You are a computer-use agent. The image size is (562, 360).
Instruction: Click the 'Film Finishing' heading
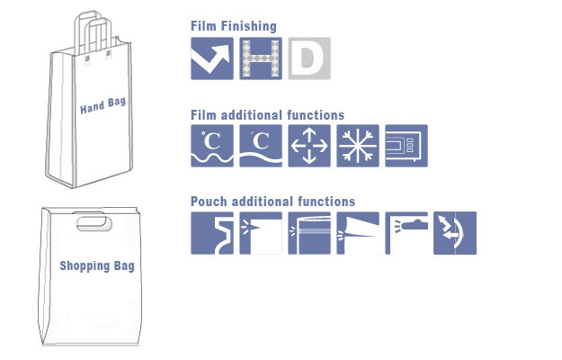point(233,26)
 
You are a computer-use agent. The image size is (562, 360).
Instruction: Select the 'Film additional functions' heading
point(267,115)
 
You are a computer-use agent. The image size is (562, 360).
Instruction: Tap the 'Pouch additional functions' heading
point(272,202)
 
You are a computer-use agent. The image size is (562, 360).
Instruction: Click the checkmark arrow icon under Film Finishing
point(212,58)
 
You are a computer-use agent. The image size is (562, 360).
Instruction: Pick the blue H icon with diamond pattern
point(261,58)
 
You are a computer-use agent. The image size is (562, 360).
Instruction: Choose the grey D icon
point(309,58)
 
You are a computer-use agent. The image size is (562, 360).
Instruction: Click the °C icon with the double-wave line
point(212,146)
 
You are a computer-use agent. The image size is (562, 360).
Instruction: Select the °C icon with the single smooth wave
point(261,146)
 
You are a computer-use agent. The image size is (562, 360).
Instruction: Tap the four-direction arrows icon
point(309,146)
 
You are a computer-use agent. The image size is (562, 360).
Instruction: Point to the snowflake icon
point(358,146)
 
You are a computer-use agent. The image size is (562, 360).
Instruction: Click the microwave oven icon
point(406,146)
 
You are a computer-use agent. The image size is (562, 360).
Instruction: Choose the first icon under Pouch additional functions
point(212,233)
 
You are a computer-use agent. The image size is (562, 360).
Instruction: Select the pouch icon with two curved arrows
point(455,233)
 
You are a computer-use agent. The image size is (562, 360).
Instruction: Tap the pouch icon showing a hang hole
point(406,233)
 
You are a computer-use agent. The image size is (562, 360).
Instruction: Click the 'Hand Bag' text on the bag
point(103,105)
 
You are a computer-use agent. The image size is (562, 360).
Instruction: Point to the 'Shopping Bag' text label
point(97,266)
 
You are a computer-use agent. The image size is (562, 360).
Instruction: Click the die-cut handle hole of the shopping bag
point(94,223)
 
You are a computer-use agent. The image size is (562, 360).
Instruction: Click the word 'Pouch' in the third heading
point(209,202)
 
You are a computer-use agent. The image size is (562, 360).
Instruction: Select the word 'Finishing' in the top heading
point(249,26)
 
